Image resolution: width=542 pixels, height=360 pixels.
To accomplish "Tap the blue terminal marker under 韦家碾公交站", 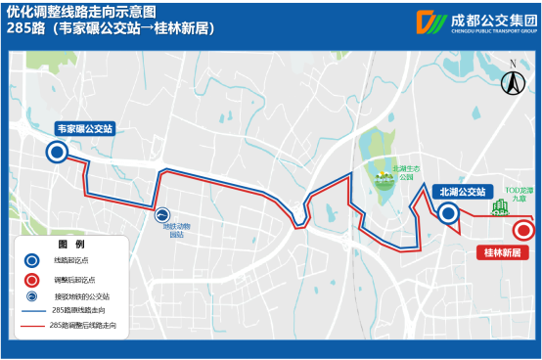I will pyautogui.click(x=58, y=152).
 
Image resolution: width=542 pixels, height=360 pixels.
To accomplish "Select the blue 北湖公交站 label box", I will pyautogui.click(x=463, y=192).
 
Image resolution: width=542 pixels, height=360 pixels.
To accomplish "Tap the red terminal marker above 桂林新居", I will pyautogui.click(x=523, y=231).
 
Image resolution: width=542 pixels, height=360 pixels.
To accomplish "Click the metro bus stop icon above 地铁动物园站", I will pyautogui.click(x=161, y=214).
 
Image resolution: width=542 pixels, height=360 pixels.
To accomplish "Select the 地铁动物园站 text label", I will pyautogui.click(x=176, y=231).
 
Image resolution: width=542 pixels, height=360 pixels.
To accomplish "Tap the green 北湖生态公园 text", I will pyautogui.click(x=403, y=172).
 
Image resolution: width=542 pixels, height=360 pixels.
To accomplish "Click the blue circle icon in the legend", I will pyautogui.click(x=32, y=261).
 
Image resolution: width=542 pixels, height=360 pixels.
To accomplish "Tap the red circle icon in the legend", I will pyautogui.click(x=32, y=279).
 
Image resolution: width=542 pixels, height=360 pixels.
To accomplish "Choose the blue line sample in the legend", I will pyautogui.click(x=32, y=310).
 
